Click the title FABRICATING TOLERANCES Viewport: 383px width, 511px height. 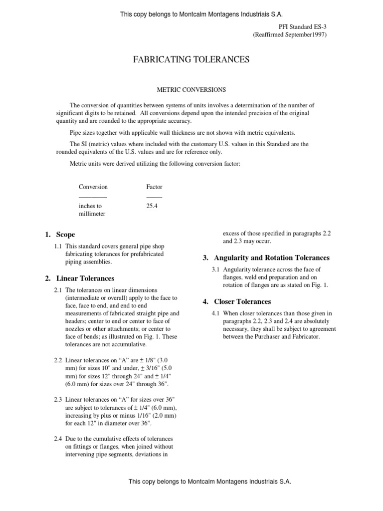191,60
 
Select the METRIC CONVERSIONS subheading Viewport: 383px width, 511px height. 192,90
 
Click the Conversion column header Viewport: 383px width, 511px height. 93,187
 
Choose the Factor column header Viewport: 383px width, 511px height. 154,187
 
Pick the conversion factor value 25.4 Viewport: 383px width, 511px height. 152,206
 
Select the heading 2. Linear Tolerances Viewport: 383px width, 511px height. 79,278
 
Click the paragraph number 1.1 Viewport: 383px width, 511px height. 59,246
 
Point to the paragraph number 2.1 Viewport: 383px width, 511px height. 59,290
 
